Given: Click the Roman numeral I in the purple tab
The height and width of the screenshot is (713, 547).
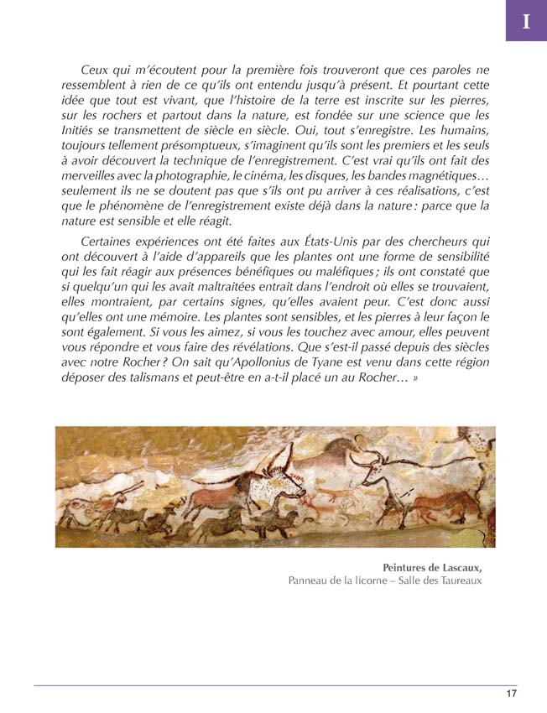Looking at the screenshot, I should coord(526,22).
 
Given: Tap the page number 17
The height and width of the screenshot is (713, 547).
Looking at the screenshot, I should coord(511,693).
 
